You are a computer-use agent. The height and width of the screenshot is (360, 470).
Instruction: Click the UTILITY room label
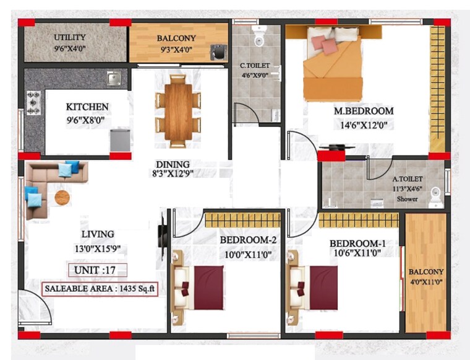[69, 37]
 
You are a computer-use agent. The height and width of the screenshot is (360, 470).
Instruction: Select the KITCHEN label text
[87, 107]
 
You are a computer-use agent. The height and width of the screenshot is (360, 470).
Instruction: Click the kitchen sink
[113, 78]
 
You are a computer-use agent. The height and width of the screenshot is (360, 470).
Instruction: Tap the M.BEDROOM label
[364, 111]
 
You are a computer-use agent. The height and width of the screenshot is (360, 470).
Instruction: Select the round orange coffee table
[62, 197]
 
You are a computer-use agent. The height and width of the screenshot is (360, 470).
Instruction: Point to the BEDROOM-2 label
[246, 240]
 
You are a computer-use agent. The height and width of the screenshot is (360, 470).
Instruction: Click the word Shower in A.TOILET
[408, 199]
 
